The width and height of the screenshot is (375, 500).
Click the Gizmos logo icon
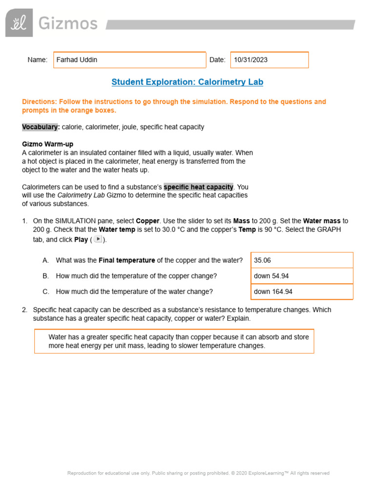coord(19,23)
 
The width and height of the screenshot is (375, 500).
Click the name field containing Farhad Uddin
coord(129,60)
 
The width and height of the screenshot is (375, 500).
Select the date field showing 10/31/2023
coord(269,60)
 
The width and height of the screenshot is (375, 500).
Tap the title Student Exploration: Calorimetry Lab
coord(187,82)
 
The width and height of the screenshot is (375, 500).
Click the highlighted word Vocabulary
coord(41,127)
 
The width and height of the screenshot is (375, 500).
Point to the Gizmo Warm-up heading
coord(48,145)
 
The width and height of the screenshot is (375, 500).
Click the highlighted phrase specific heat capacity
coord(198,187)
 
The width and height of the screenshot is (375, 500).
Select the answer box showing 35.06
coord(302,260)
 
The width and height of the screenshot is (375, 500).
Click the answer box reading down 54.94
coord(302,276)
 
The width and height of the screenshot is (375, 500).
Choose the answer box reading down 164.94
coord(302,292)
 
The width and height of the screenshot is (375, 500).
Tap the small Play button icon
coord(98,239)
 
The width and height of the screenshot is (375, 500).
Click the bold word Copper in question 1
coord(147,221)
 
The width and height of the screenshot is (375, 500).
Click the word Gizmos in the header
coord(68,23)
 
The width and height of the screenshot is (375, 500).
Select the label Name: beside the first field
coord(38,60)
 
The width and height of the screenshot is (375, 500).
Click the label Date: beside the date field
coord(217,60)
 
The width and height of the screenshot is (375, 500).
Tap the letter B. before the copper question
coord(46,276)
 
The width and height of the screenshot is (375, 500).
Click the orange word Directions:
coord(40,102)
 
